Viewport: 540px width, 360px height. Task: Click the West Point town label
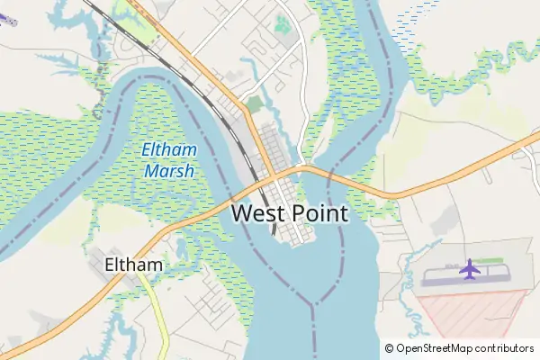[x=289, y=213]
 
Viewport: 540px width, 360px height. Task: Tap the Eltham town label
[x=134, y=265]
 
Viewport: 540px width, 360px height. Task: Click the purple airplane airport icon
[x=469, y=269]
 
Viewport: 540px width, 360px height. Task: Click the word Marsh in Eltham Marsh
[x=167, y=170]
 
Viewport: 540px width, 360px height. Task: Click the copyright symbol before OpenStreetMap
[x=389, y=347]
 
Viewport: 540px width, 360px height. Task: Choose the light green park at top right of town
[x=283, y=25]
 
